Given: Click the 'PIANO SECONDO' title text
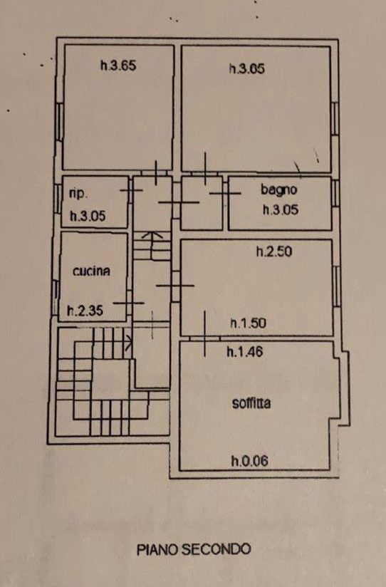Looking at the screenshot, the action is [x=194, y=549].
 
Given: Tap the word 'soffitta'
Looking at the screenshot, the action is [x=251, y=403].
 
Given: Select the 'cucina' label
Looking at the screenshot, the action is [x=91, y=271].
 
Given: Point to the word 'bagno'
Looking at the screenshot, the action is [x=279, y=189].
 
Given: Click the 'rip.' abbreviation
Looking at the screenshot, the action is [x=78, y=194].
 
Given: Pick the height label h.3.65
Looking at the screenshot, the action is [x=118, y=66].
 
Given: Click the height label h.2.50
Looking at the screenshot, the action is [x=274, y=251].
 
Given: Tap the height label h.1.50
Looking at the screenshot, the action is [x=249, y=323].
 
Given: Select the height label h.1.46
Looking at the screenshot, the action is [x=245, y=351].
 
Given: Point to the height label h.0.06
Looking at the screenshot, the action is [x=250, y=460].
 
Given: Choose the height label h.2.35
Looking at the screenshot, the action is [x=85, y=311].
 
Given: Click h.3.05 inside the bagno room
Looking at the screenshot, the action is [x=281, y=209].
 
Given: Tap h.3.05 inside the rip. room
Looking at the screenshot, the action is [x=88, y=216].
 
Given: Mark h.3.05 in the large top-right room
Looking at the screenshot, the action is [x=247, y=68].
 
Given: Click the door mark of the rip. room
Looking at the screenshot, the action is [x=131, y=190].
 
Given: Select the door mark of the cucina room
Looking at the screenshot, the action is [x=129, y=303].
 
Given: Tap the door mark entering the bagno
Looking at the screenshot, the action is [x=224, y=193].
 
